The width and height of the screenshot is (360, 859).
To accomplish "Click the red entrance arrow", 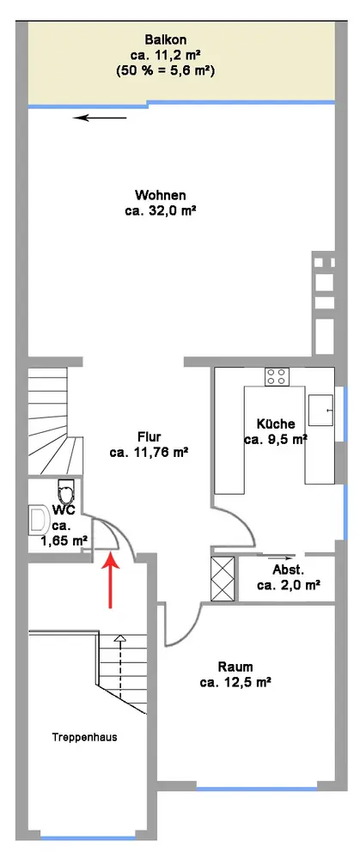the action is tap(111, 581).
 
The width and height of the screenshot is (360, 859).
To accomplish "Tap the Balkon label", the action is tap(166, 40).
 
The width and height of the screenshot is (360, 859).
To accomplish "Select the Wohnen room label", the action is tap(161, 195).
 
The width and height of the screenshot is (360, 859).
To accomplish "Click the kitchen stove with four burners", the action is tap(277, 376).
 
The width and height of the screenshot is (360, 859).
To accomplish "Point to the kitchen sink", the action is tap(320, 410).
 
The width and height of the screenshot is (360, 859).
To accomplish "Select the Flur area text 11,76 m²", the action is tap(149, 453).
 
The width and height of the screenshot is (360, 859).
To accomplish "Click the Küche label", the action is tap(276, 423).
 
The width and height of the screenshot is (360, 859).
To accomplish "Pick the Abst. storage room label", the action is tap(288, 569).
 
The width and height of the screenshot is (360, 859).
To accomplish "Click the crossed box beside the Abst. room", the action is tap(223, 578).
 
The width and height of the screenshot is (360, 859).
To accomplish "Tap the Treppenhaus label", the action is tap(84, 737).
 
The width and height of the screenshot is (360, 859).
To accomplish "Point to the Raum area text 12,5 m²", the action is tap(235, 683).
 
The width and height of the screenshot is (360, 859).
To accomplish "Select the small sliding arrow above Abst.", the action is tap(278, 557).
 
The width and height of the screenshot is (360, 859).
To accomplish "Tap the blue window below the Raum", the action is tap(256, 789).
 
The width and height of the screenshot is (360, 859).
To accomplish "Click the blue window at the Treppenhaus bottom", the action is tap(88, 838).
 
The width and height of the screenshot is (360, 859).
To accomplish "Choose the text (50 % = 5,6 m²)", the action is tap(166, 70).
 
